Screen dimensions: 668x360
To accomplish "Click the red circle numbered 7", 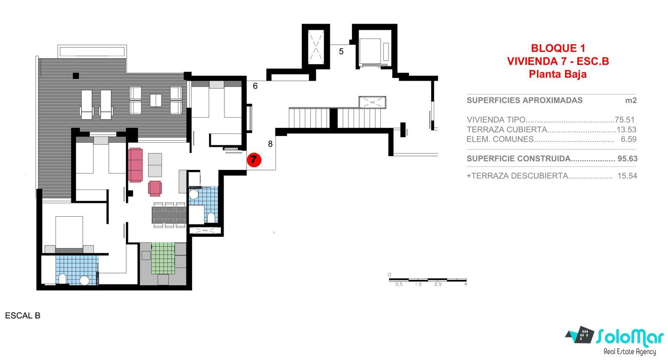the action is click(x=254, y=160).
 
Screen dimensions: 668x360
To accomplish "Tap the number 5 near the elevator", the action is click(x=341, y=51).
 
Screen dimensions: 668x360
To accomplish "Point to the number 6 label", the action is click(x=255, y=86).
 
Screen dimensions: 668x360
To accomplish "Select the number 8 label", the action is click(x=270, y=144).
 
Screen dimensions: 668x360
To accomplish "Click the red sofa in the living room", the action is click(x=135, y=165).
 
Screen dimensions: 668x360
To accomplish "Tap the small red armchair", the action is click(x=155, y=188).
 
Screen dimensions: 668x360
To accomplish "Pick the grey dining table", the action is click(x=169, y=215).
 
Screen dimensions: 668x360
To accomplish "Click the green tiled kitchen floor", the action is click(x=163, y=258).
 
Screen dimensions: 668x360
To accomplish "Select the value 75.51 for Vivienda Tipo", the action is click(x=624, y=120).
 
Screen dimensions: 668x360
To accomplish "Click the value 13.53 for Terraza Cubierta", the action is click(x=626, y=129).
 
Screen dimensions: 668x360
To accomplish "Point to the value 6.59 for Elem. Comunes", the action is click(x=628, y=139).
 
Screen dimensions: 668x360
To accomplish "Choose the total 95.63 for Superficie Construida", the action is click(x=627, y=159).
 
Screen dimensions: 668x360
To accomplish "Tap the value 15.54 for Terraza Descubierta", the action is click(x=627, y=176).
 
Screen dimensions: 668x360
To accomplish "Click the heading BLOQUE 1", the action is click(x=558, y=48).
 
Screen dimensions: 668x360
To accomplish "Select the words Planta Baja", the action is click(x=558, y=74).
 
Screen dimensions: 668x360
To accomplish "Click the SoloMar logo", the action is click(x=615, y=340).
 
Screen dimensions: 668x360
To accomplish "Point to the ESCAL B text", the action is click(x=23, y=316).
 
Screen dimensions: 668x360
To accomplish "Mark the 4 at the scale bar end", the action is click(x=466, y=285).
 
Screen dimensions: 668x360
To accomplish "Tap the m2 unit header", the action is click(x=630, y=101).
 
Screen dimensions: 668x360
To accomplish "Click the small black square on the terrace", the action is click(x=76, y=75).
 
